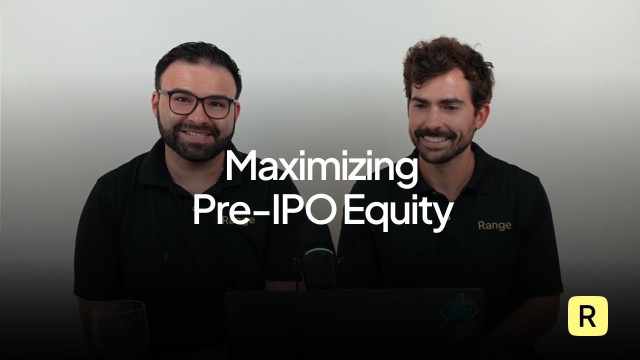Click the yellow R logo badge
587,316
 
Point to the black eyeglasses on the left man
197,104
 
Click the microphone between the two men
317,265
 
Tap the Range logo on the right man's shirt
494,225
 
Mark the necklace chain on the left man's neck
220,174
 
